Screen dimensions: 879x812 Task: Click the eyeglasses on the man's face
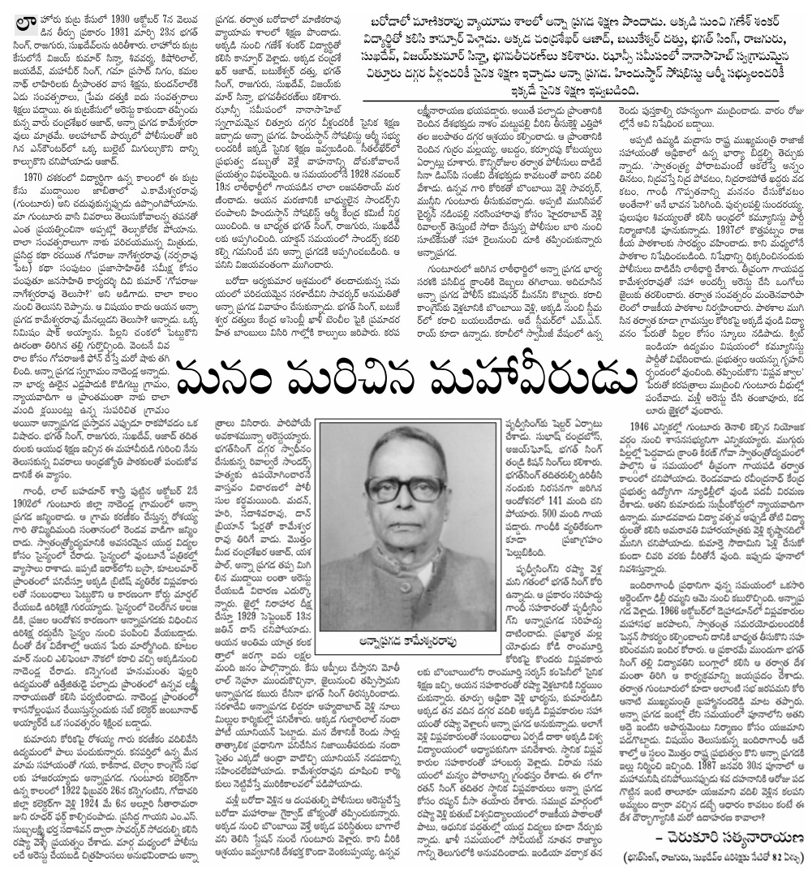pos(395,489)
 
